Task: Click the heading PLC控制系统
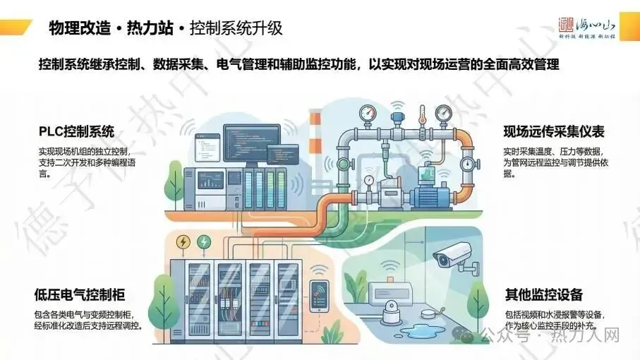coord(76,132)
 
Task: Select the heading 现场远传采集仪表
coord(554,132)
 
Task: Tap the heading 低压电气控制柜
coord(80,294)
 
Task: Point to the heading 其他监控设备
coord(543,294)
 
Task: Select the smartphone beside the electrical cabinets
coord(319,296)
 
